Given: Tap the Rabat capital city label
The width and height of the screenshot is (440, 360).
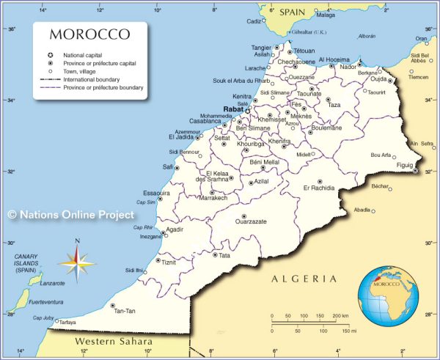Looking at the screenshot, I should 233,109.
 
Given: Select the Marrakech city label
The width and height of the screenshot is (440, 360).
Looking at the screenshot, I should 213,198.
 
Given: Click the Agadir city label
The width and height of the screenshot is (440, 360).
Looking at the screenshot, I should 175,229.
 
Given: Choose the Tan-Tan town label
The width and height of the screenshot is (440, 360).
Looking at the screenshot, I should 124,311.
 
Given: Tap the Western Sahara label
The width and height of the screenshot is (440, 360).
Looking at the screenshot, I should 114,342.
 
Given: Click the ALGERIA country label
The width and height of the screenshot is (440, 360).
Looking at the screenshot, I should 304,279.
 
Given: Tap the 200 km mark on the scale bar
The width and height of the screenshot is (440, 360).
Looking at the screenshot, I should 340,316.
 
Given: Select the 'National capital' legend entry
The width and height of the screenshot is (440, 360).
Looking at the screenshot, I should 81,55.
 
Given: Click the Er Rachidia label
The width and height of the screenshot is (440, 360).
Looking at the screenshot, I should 318,188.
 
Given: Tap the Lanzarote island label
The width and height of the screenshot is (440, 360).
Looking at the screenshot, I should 52,283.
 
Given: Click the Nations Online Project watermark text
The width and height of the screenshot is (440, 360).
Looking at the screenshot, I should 71,215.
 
